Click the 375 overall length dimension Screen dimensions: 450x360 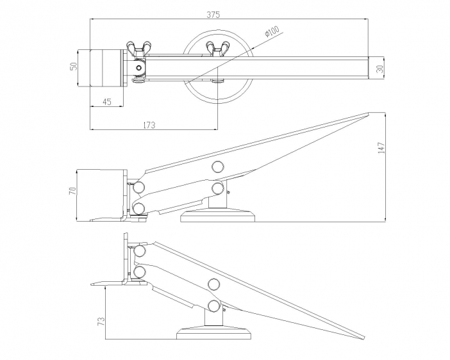[213, 15]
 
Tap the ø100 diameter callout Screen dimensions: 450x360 [272, 31]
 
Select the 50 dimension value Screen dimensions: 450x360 [74, 66]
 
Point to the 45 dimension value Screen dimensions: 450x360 [107, 102]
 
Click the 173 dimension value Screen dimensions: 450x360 [149, 125]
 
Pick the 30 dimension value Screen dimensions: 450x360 [379, 69]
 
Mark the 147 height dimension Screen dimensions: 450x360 [381, 148]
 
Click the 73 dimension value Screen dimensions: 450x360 [101, 321]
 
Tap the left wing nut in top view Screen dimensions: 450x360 [138, 49]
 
